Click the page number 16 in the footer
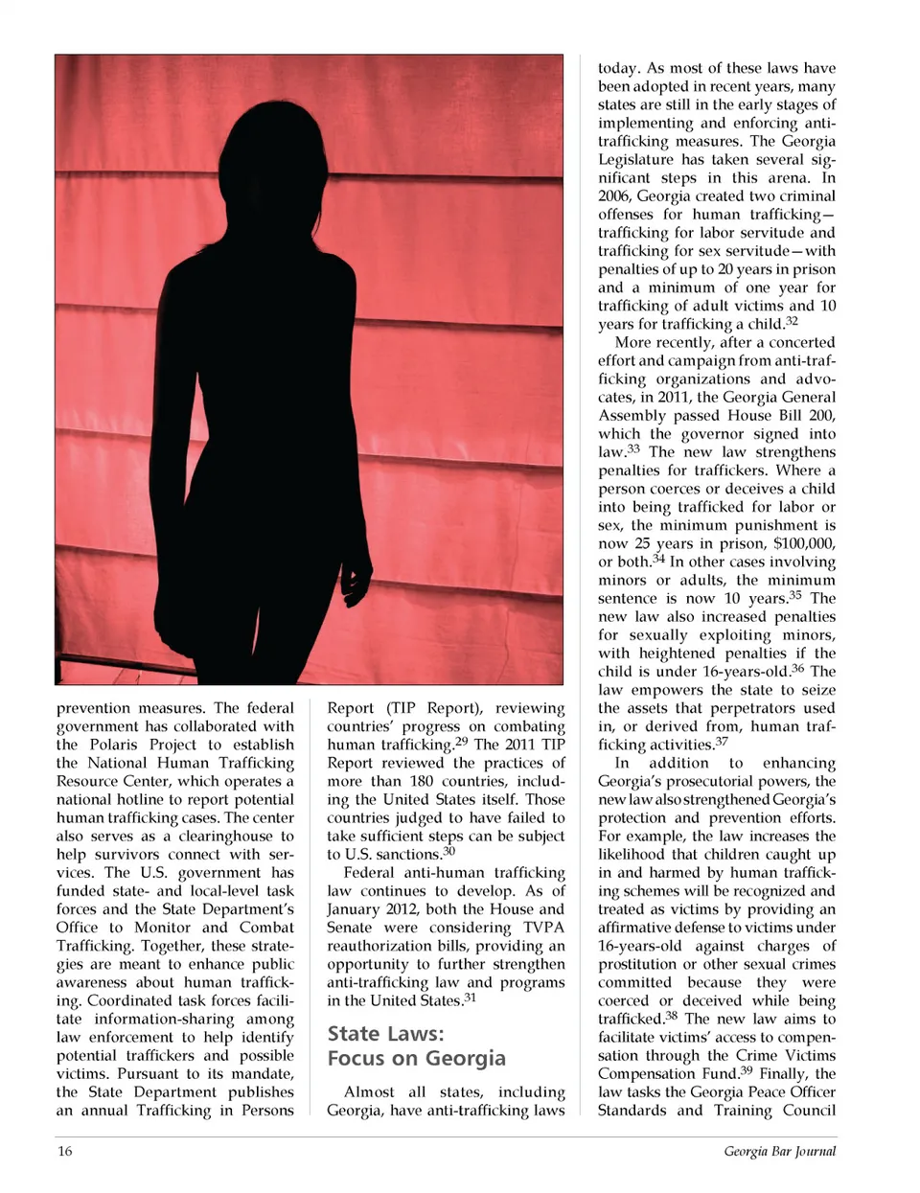[64, 1151]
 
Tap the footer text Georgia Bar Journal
[779, 1151]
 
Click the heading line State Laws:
[385, 1033]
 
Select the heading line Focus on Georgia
[416, 1058]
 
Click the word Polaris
[114, 745]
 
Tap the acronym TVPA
[543, 927]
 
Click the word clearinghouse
[224, 836]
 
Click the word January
[359, 908]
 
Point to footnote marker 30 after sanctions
[448, 851]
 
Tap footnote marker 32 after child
[791, 321]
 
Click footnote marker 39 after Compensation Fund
[746, 1069]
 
